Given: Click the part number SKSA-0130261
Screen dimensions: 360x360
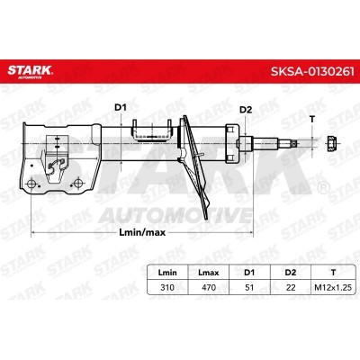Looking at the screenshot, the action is click(x=312, y=72).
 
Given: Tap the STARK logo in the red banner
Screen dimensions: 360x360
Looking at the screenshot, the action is click(x=30, y=71).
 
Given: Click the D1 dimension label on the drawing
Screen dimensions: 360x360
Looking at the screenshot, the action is click(x=121, y=107).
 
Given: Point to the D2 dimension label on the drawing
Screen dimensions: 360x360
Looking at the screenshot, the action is click(x=246, y=110).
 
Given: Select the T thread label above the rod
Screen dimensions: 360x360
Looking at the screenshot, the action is click(x=312, y=119).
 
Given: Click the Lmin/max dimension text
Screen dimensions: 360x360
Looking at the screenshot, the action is click(x=142, y=232).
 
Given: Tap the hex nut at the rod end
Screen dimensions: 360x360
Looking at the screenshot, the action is click(x=332, y=142).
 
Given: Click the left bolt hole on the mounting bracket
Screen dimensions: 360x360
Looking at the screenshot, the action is click(x=31, y=183).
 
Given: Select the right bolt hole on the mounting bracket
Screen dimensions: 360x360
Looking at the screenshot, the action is click(x=78, y=183).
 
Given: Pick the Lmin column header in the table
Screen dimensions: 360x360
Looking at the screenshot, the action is click(x=167, y=273).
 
